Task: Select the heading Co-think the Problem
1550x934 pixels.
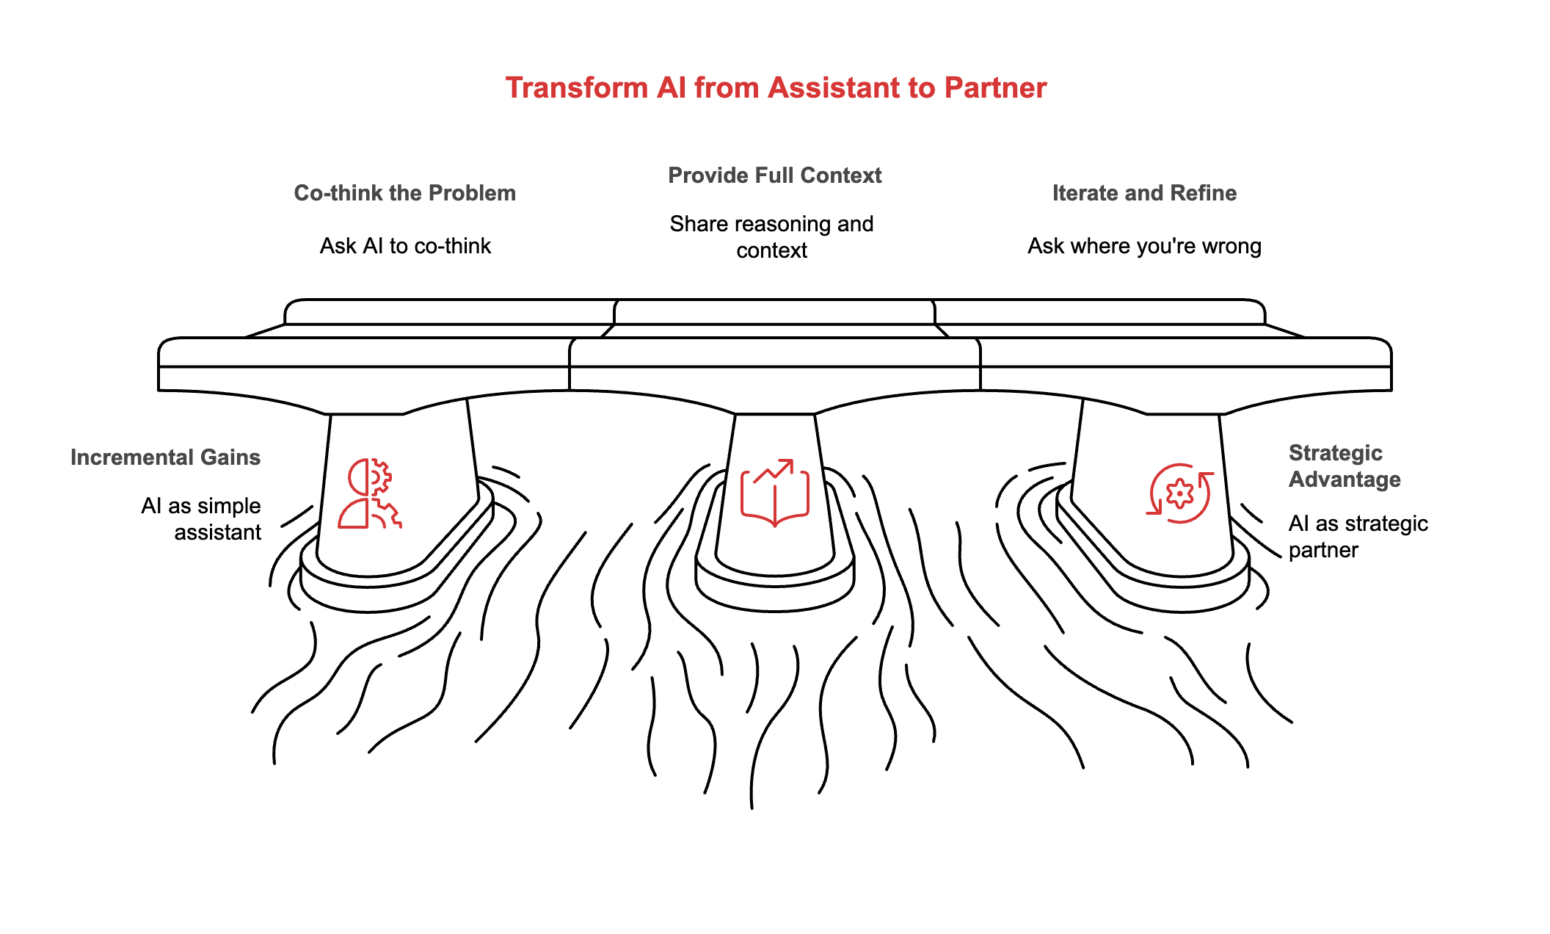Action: click(x=404, y=193)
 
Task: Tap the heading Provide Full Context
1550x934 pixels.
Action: click(x=774, y=175)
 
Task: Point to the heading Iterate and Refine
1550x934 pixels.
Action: click(x=1144, y=193)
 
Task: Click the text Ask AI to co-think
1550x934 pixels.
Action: click(x=405, y=246)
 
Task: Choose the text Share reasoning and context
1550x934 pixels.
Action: click(x=771, y=237)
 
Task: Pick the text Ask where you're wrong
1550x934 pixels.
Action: click(x=1144, y=246)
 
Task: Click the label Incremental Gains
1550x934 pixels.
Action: click(x=165, y=457)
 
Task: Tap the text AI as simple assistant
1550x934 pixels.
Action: click(x=202, y=519)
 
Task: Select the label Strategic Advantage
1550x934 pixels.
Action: click(x=1344, y=466)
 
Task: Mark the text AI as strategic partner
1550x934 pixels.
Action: click(x=1358, y=537)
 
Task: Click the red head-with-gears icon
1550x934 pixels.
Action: click(x=370, y=494)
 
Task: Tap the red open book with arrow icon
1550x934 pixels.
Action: click(x=775, y=493)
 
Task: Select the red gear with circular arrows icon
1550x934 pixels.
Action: click(x=1179, y=493)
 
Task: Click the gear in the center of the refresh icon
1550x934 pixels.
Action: click(x=1179, y=493)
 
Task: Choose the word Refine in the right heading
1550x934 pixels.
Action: click(x=1204, y=193)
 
